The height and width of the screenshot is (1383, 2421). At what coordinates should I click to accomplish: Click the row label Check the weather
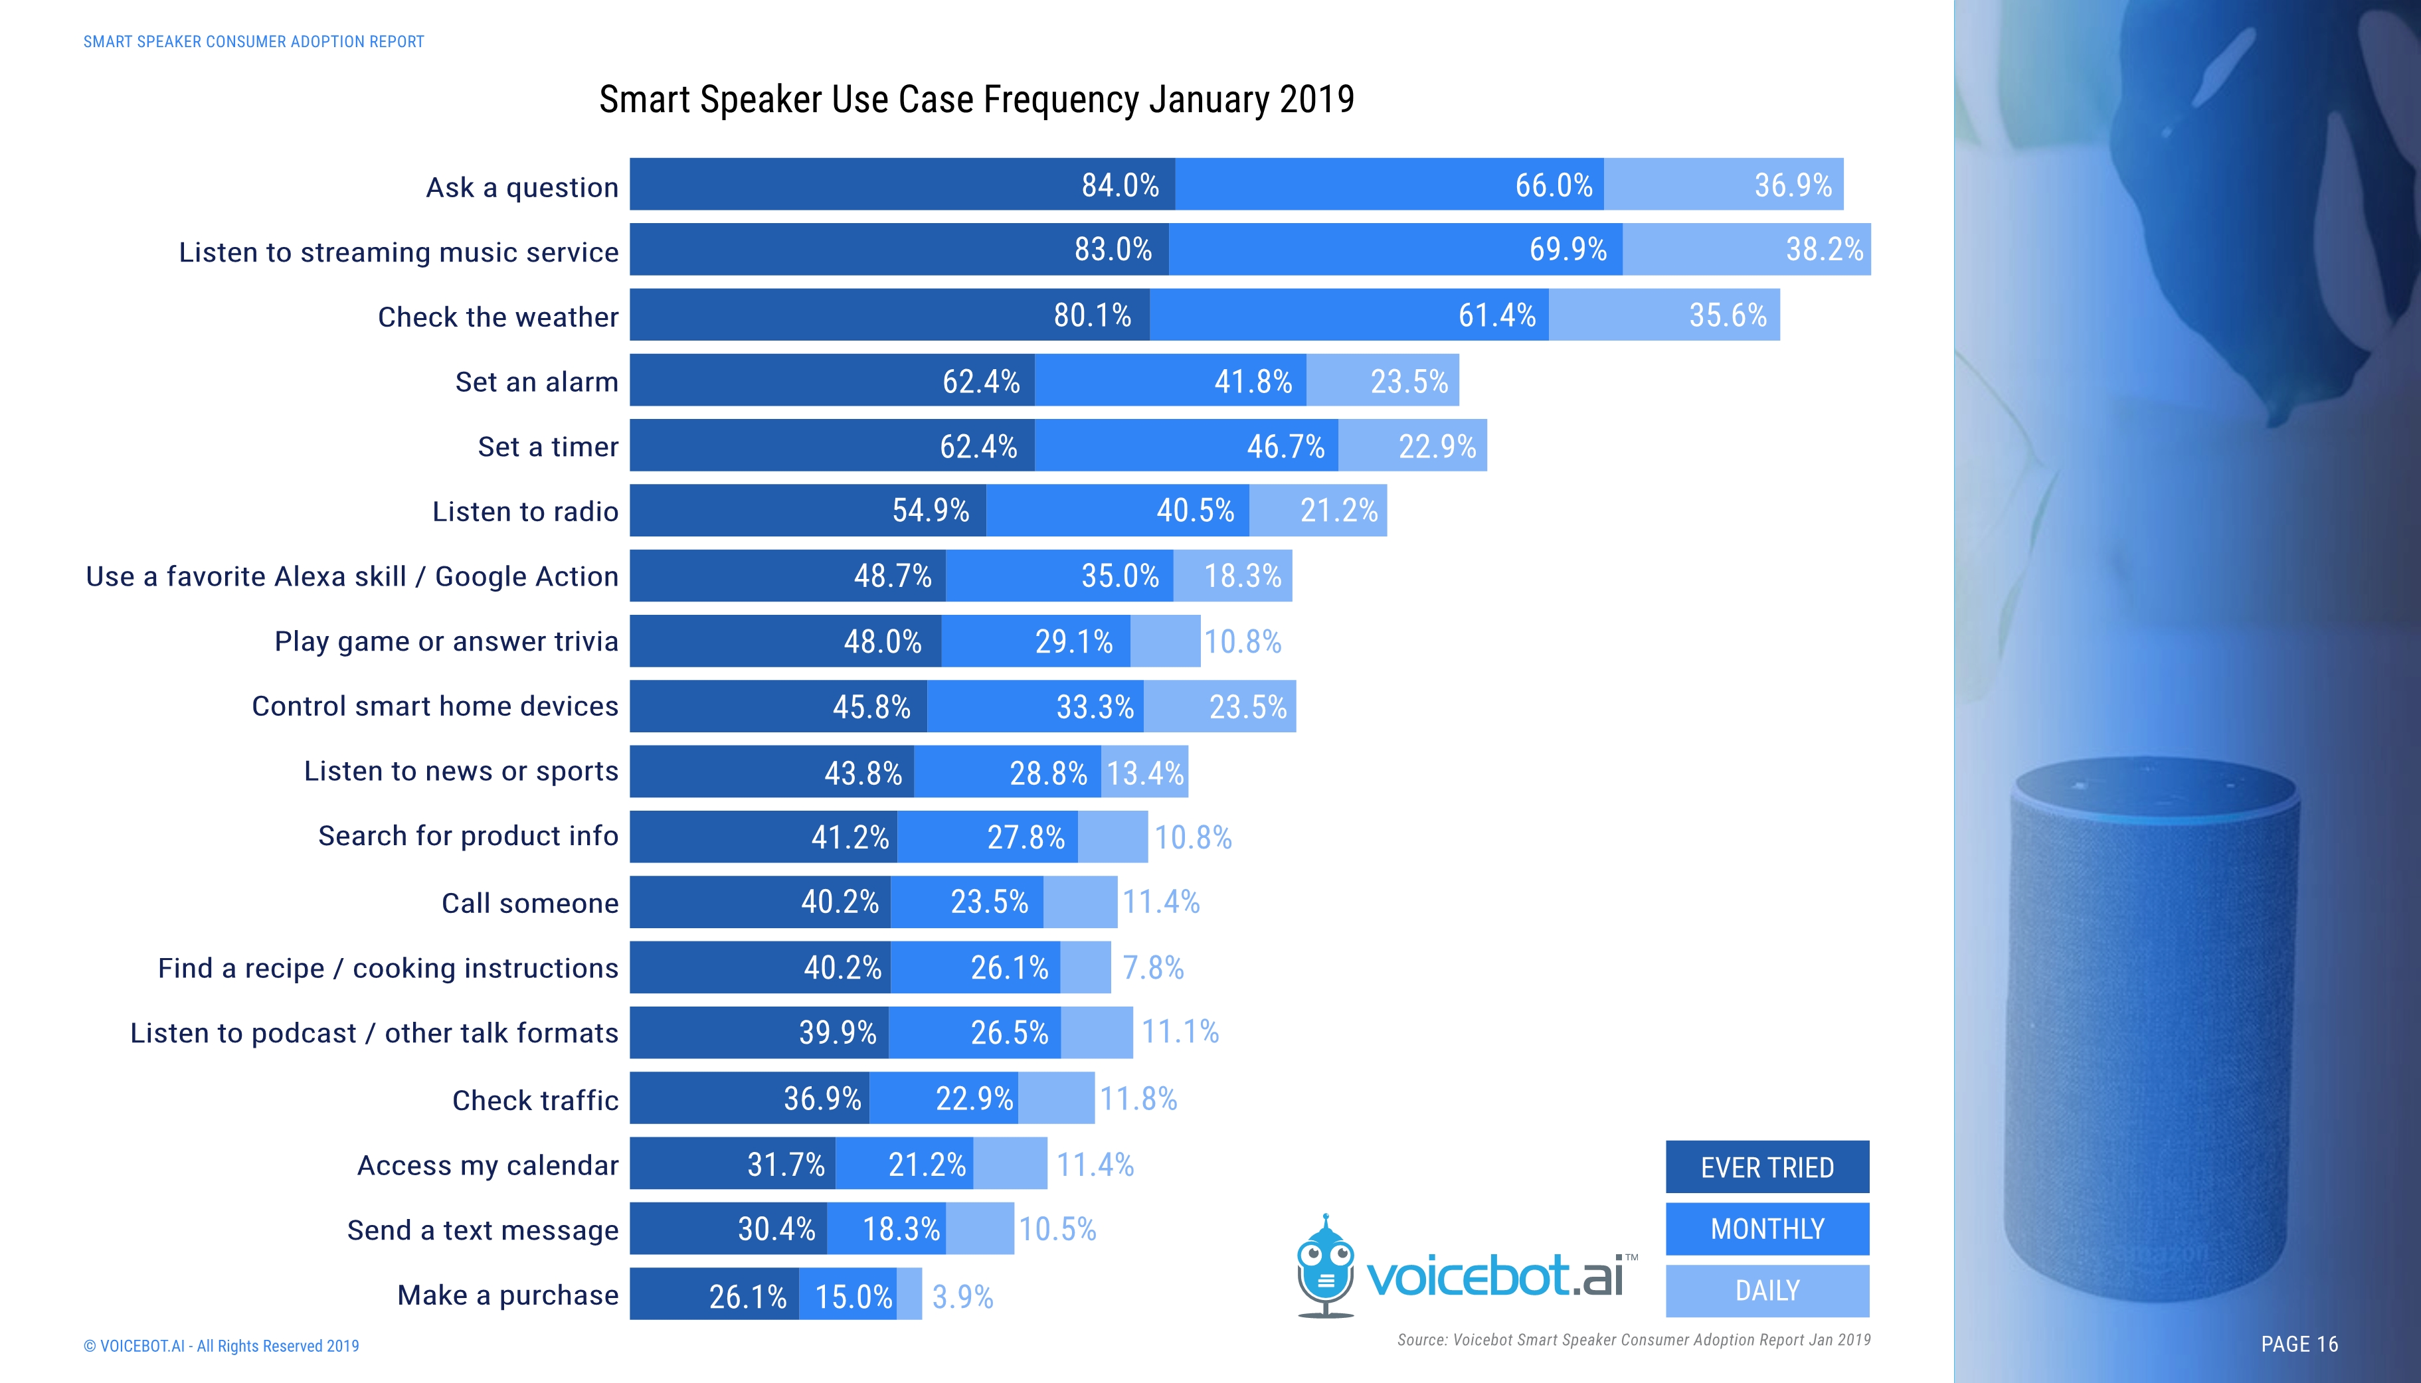(x=498, y=316)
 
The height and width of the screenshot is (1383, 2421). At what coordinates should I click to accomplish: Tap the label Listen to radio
(x=525, y=511)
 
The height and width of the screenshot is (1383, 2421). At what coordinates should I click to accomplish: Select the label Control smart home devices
(x=434, y=706)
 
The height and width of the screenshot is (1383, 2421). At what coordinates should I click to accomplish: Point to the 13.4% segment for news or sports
(x=1145, y=772)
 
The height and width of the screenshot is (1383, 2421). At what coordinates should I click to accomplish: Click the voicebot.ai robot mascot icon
(x=1326, y=1266)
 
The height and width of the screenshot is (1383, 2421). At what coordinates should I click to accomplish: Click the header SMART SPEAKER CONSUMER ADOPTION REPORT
(x=254, y=42)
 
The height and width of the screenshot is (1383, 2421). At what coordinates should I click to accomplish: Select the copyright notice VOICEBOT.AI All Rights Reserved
(x=221, y=1345)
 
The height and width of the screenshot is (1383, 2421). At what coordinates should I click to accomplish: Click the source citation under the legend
(x=1633, y=1339)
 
